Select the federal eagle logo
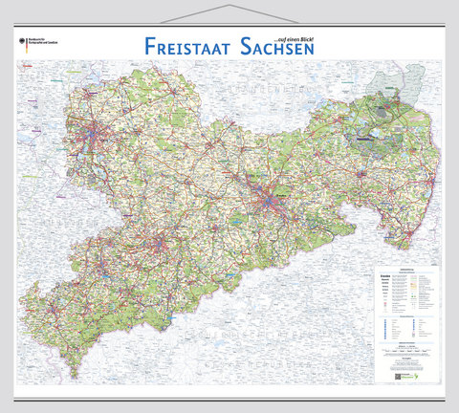tap(22, 42)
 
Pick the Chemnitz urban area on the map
tap(161, 256)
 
